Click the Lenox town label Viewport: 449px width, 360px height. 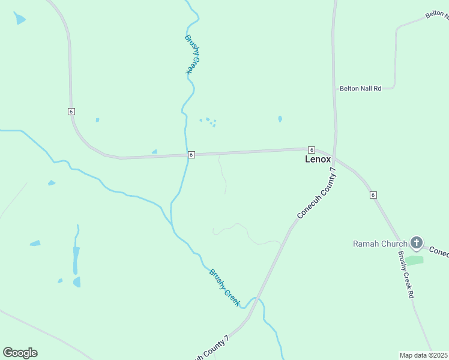[x=318, y=160]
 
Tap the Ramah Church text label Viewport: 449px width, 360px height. [x=380, y=244]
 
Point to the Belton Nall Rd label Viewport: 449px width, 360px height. [x=360, y=89]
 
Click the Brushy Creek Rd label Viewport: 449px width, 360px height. [x=406, y=275]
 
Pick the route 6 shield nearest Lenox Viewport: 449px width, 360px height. [x=311, y=149]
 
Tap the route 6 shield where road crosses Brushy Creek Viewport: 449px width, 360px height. [x=191, y=154]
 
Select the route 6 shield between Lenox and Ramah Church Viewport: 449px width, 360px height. [x=373, y=195]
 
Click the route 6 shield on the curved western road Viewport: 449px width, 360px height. [x=71, y=112]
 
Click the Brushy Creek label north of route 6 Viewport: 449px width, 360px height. [x=191, y=55]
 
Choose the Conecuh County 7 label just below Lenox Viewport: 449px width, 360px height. [x=317, y=193]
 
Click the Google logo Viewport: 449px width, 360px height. [x=20, y=353]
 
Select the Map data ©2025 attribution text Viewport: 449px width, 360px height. [x=424, y=355]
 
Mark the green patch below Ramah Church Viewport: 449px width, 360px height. [x=414, y=260]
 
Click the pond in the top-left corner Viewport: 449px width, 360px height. [x=20, y=18]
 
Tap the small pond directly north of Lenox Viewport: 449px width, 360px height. [x=280, y=119]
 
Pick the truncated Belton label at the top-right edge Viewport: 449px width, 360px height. [x=437, y=14]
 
